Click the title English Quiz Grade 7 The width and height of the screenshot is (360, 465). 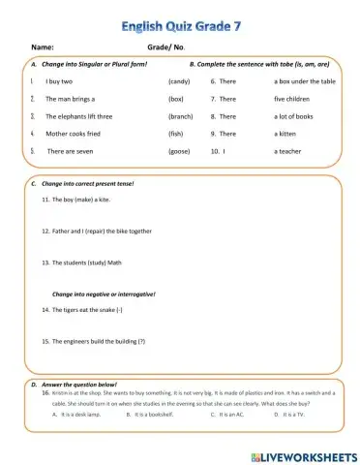coord(180,16)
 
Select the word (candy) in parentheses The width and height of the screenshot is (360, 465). coord(179,82)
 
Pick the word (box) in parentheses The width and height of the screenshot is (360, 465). coord(176,99)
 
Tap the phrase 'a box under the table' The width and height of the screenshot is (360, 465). coord(305,82)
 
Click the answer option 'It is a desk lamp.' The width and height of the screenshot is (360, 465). coord(81,414)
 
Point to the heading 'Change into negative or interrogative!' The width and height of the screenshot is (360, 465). coord(103,293)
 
